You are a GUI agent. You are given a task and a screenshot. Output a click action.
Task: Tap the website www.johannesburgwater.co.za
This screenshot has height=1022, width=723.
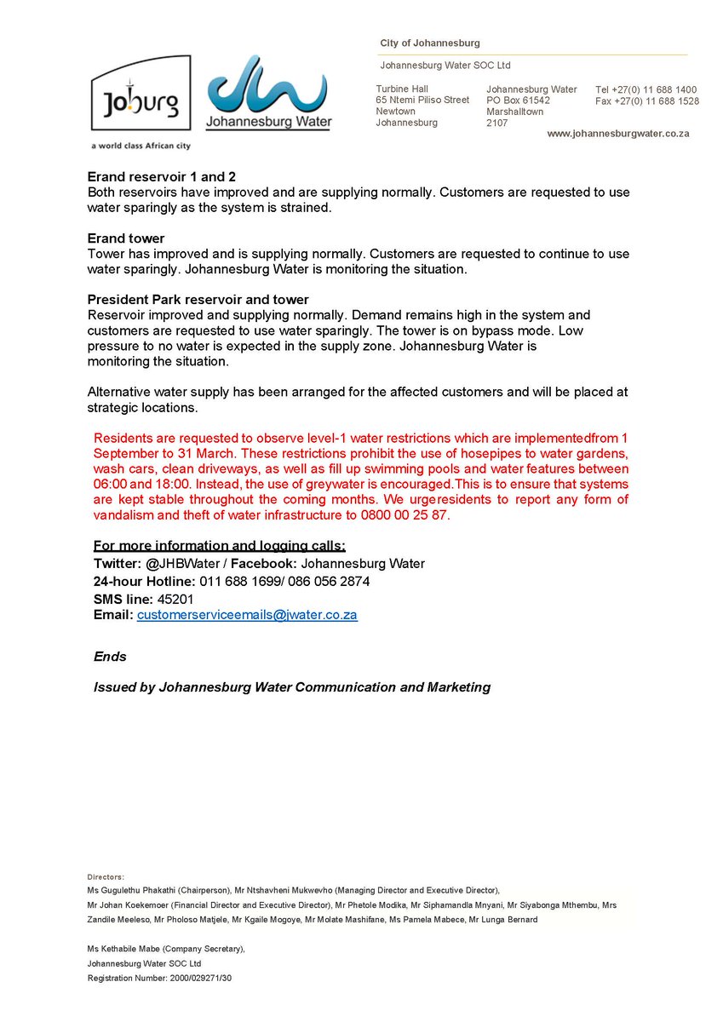point(617,134)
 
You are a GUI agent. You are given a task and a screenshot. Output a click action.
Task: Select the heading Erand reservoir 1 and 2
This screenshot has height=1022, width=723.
point(162,177)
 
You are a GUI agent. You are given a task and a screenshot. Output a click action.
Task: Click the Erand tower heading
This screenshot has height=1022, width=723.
point(126,238)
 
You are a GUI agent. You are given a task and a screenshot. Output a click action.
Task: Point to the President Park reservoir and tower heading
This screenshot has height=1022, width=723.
point(198,300)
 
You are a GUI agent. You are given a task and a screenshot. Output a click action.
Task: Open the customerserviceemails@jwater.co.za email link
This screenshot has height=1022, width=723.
point(247,614)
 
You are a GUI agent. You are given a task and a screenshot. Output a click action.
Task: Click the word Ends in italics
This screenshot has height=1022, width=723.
point(110,657)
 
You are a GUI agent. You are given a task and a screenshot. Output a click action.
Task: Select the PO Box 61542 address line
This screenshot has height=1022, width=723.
point(518,100)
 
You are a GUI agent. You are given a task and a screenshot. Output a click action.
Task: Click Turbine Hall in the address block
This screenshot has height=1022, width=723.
point(402,89)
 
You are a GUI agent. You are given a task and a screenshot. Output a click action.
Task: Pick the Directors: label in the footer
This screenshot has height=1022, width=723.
point(106,876)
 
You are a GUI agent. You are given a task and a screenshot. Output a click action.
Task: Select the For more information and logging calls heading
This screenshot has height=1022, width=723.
point(220,546)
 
